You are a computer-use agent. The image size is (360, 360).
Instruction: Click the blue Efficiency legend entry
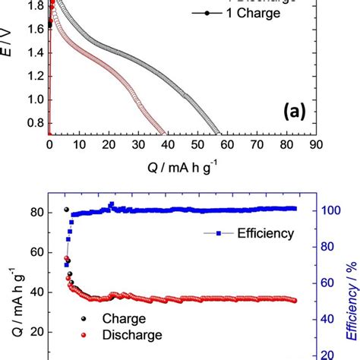261,234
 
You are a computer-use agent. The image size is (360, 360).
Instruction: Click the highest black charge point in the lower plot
67,210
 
